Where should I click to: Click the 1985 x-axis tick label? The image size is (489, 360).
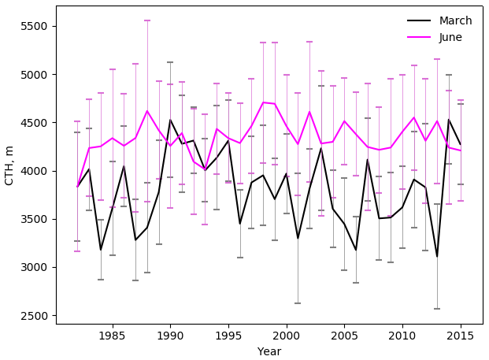112,336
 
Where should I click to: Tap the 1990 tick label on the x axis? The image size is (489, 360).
170,336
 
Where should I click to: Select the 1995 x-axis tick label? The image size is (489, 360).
228,336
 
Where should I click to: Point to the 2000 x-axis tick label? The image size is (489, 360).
286,336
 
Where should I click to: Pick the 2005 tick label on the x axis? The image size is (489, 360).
344,336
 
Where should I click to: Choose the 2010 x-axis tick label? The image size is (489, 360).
402,336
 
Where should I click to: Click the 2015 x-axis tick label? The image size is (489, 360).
461,336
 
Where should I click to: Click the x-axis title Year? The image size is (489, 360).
269,351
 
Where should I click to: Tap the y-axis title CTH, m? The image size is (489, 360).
9,165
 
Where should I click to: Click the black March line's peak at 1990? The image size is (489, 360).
170,121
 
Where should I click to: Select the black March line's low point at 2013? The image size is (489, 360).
437,256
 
